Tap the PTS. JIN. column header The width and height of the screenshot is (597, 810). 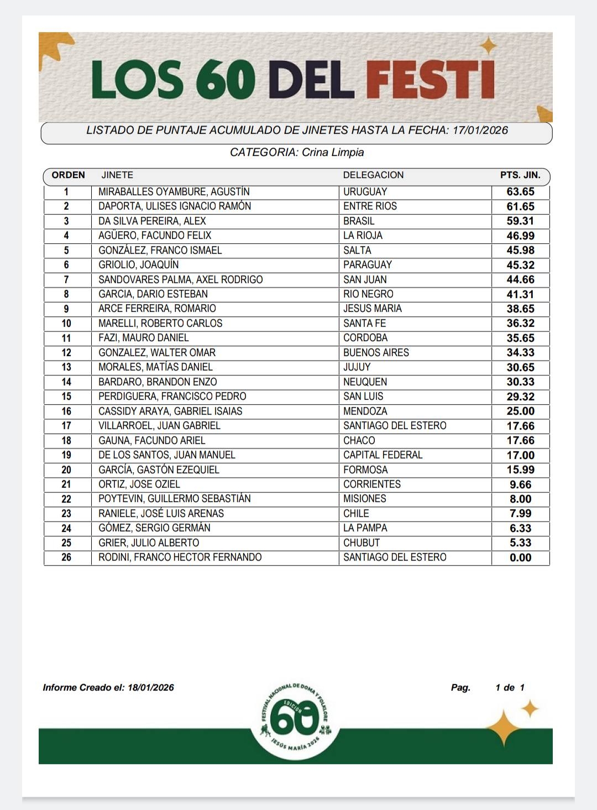pos(520,175)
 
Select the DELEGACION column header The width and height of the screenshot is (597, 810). pos(373,175)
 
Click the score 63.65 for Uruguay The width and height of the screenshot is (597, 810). pos(520,192)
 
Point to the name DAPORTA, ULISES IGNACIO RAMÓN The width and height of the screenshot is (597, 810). pos(175,206)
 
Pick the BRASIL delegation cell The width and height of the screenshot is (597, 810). pos(359,221)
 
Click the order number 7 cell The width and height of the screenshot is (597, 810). pos(66,280)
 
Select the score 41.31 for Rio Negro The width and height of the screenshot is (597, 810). pos(520,294)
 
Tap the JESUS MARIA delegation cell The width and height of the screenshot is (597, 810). pos(372,309)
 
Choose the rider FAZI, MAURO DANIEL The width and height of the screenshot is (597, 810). pos(143,338)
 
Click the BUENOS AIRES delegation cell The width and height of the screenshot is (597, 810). pos(376,353)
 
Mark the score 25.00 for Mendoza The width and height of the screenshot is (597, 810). pos(520,411)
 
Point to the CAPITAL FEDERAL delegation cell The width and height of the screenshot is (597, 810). pos(383,455)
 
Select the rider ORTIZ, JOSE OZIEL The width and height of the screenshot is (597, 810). pos(139,484)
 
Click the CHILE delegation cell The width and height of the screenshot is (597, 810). pos(356,514)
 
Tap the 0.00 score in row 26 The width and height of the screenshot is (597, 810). pos(520,557)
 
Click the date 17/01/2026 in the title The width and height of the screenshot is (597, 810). pos(480,130)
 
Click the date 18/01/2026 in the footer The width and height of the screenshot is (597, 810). pos(150,688)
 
